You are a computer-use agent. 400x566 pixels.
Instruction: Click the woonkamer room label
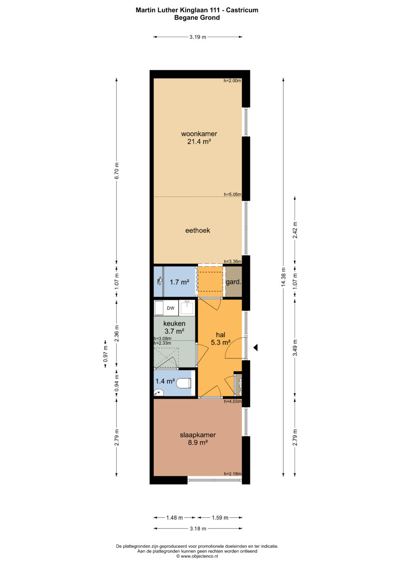point(199,134)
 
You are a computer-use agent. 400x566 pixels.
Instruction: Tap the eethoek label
point(198,231)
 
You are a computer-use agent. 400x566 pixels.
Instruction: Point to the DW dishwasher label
point(171,308)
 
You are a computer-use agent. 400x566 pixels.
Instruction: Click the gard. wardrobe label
point(234,282)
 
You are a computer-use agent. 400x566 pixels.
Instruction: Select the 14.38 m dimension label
point(283,277)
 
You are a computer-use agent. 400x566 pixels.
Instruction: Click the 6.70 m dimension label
point(116,171)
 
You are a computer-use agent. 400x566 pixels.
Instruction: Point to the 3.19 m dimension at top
point(198,37)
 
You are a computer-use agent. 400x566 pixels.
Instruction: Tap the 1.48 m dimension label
point(174,518)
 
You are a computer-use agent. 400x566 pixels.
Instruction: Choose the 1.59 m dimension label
point(220,518)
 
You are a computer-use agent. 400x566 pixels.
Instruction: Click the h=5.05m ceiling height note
point(233,194)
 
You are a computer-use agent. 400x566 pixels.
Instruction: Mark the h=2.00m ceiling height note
point(232,81)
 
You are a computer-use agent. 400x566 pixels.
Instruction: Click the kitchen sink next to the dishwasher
point(187,308)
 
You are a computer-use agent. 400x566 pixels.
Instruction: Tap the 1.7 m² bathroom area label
point(179,282)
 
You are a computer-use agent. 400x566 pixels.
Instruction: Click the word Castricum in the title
point(242,10)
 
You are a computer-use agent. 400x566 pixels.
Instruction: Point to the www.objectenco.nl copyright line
point(197,556)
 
